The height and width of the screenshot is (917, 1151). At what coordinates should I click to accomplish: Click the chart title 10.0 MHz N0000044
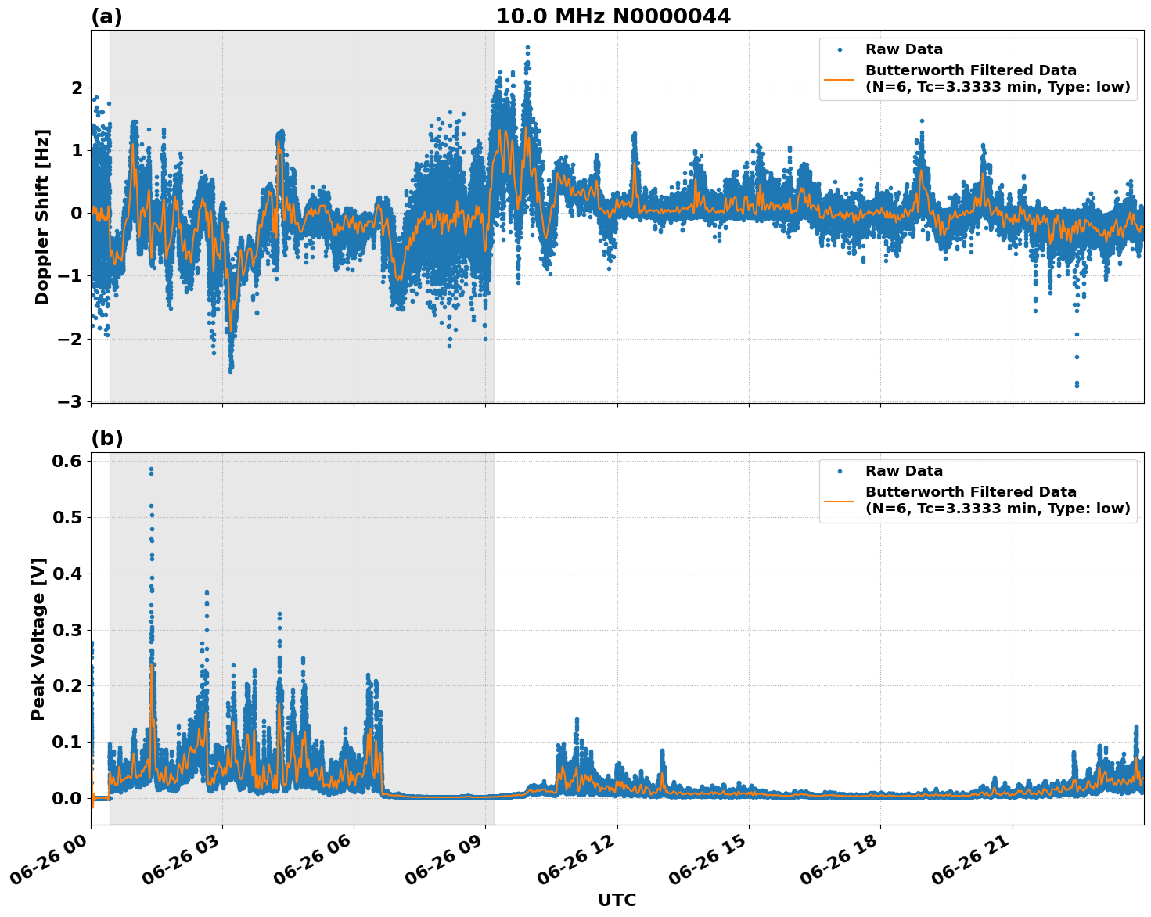coord(613,16)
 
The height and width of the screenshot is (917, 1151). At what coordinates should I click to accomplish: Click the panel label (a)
coord(106,16)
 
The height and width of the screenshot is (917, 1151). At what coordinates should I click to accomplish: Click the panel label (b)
coord(106,438)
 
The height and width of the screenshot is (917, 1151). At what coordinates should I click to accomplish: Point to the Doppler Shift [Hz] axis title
coord(42,217)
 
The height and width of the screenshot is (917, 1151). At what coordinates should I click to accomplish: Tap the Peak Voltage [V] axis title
coord(38,638)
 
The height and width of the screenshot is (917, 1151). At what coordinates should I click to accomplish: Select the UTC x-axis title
coord(617,900)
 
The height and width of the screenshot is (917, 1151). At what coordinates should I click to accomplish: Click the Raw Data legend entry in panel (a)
coord(904,49)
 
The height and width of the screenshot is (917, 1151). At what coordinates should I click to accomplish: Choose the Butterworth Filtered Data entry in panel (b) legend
coord(997,500)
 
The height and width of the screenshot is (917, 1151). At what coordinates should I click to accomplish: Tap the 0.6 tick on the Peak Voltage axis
coord(67,461)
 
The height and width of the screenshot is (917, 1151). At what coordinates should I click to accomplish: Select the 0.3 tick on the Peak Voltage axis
coord(67,630)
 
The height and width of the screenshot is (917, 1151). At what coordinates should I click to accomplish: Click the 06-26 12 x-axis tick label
coord(581,861)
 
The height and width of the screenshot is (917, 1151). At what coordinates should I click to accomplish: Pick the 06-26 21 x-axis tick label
coord(976,861)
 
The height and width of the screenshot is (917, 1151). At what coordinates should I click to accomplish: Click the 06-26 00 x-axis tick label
coord(54,861)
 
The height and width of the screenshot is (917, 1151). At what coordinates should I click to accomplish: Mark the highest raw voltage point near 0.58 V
coord(151,469)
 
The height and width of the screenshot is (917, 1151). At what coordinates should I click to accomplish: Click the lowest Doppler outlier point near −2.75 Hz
coord(1077,384)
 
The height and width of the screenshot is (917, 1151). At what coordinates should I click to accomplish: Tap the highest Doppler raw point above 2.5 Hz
coord(527,48)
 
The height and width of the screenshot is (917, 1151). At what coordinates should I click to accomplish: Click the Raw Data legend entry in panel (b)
coord(904,471)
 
